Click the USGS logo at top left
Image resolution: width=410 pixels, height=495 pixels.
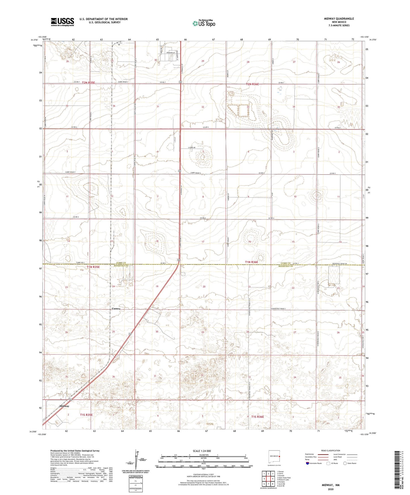[x=62, y=22]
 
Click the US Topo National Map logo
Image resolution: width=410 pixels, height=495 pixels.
[x=203, y=23]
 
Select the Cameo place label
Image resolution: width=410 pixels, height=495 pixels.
[x=116, y=308]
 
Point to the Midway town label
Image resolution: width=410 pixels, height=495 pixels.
[x=64, y=406]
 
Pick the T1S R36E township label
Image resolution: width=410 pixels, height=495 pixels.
[x=257, y=416]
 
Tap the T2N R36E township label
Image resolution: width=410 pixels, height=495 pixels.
[x=252, y=84]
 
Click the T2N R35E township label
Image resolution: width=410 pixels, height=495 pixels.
[x=89, y=82]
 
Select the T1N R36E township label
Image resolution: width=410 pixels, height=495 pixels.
[x=251, y=262]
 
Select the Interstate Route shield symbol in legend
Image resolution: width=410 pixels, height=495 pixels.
[x=308, y=463]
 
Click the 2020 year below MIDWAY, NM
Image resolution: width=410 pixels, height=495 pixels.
[x=330, y=489]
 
